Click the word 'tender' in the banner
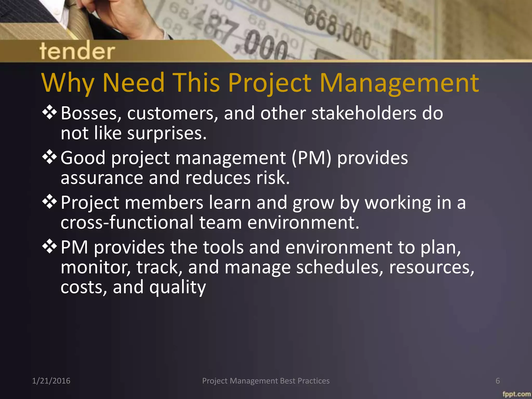[77, 51]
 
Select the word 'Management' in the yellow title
[399, 83]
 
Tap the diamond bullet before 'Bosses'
[49, 113]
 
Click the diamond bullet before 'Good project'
[49, 158]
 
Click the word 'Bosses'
[91, 114]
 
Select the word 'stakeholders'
[364, 114]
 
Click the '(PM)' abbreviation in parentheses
[311, 158]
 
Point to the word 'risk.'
[273, 178]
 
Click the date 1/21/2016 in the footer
[51, 381]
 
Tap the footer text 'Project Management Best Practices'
[266, 381]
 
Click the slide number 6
[497, 381]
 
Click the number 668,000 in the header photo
[338, 29]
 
